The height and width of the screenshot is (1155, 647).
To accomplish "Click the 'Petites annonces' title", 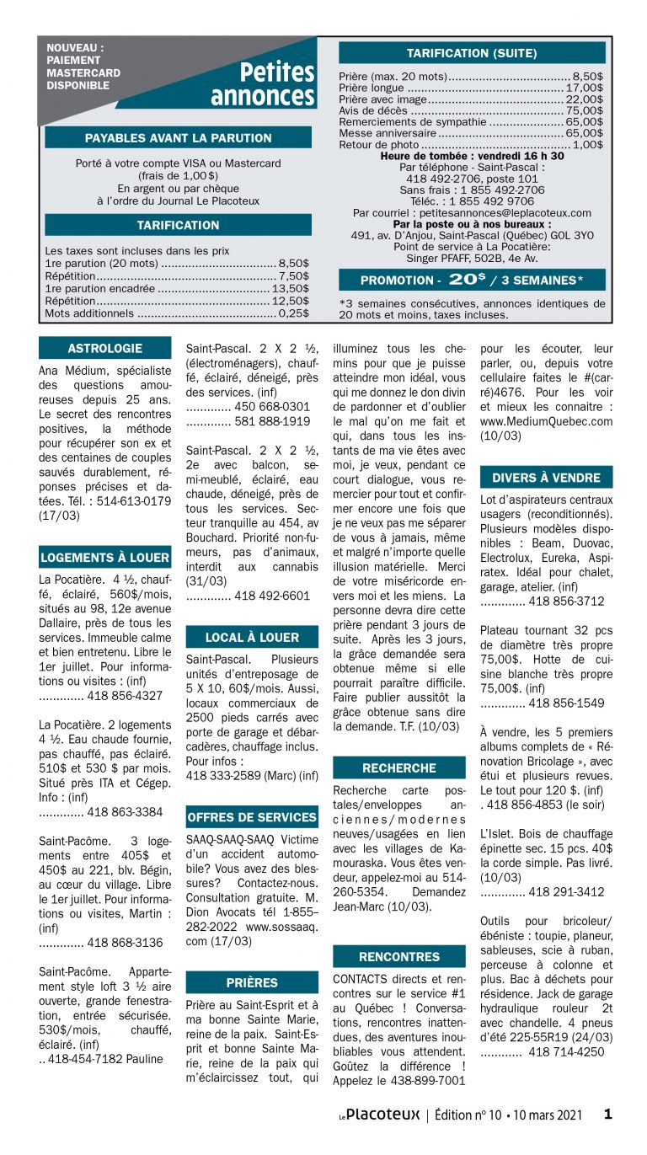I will pyautogui.click(x=262, y=84).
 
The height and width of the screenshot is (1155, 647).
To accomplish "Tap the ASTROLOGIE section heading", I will pyautogui.click(x=104, y=348).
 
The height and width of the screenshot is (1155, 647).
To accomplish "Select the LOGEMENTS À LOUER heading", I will pyautogui.click(x=104, y=558).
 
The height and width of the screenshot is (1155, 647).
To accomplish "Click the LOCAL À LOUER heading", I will pyautogui.click(x=251, y=637).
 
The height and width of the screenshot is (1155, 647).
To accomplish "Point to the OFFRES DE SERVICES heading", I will pyautogui.click(x=251, y=817).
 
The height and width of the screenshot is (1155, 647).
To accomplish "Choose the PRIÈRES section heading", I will pyautogui.click(x=251, y=982).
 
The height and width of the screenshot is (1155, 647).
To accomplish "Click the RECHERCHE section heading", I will pyautogui.click(x=398, y=767).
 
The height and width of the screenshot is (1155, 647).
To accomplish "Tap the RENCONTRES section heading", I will pyautogui.click(x=398, y=956).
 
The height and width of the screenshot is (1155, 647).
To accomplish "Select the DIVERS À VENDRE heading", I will pyautogui.click(x=546, y=478).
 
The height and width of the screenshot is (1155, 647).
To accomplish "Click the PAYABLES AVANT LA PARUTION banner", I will pyautogui.click(x=178, y=137).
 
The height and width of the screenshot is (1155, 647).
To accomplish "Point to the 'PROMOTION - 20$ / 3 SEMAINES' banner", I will pyautogui.click(x=471, y=280).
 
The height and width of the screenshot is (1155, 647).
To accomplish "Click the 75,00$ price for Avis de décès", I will pyautogui.click(x=584, y=110).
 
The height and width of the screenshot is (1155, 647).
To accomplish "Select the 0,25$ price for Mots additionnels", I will pyautogui.click(x=293, y=313).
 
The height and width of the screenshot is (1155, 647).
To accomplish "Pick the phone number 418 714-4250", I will pyautogui.click(x=566, y=1052).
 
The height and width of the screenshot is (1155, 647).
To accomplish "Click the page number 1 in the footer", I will pyautogui.click(x=607, y=1114).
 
